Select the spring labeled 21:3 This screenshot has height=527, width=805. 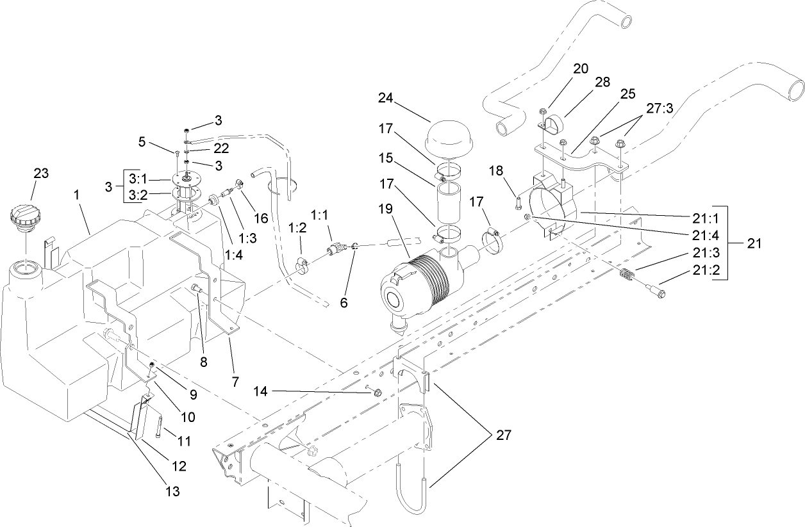(x=629, y=278)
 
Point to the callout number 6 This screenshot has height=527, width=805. (x=344, y=302)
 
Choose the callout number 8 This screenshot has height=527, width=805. (x=204, y=362)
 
